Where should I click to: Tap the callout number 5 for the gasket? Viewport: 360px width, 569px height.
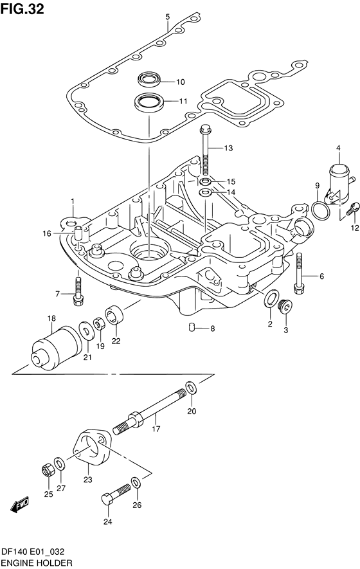(x=167, y=17)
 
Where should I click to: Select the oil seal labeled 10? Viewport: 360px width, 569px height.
(x=149, y=80)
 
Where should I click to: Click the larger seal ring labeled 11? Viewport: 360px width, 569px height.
(x=149, y=102)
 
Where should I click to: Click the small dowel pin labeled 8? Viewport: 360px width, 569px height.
(x=191, y=329)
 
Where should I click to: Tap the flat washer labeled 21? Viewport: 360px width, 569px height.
(x=85, y=332)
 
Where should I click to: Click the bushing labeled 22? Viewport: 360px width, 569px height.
(x=116, y=316)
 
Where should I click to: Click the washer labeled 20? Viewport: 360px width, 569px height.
(x=191, y=387)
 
